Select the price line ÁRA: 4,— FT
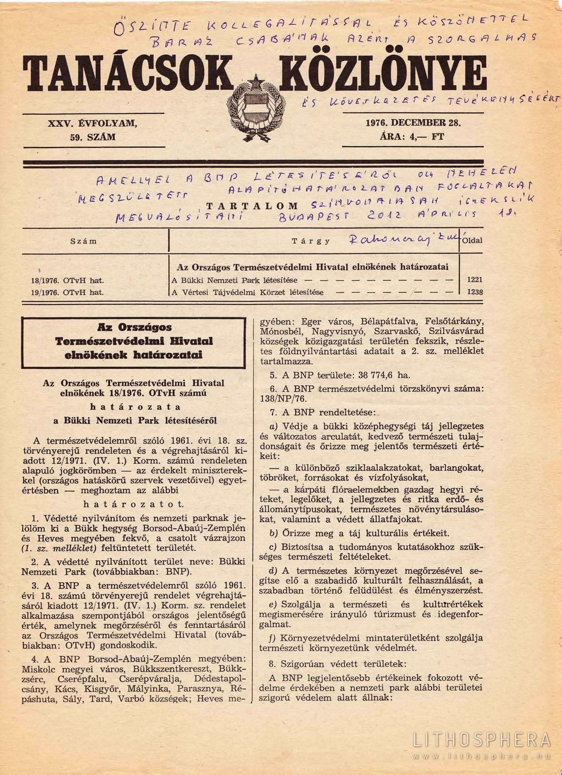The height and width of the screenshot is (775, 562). pyautogui.click(x=412, y=137)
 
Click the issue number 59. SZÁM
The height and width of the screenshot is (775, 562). pyautogui.click(x=93, y=137)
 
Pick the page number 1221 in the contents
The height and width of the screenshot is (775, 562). pyautogui.click(x=474, y=280)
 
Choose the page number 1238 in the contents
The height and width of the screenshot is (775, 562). pyautogui.click(x=474, y=292)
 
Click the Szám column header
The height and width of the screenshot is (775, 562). pyautogui.click(x=84, y=241)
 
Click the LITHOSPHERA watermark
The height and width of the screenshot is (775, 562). pyautogui.click(x=482, y=740)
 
